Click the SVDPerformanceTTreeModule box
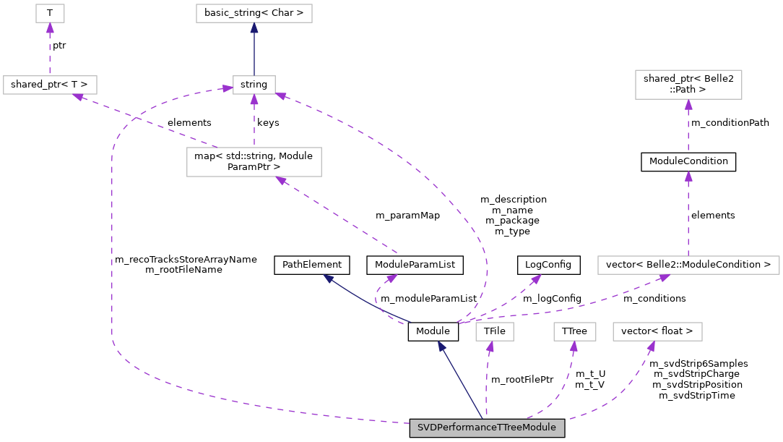(487, 428)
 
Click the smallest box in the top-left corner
(50, 13)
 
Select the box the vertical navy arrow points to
(254, 13)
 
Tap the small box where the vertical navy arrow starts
(254, 85)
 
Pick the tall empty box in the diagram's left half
(254, 162)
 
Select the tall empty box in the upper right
(688, 85)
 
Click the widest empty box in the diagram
(688, 265)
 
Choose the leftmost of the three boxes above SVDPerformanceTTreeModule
(495, 331)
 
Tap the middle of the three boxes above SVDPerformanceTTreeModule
(575, 331)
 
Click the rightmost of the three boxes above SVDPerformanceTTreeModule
(657, 331)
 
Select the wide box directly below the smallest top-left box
(50, 85)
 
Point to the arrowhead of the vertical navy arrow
(254, 28)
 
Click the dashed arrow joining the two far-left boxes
(50, 51)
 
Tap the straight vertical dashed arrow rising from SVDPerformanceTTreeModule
(487, 383)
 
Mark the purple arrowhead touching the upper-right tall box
(688, 105)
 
